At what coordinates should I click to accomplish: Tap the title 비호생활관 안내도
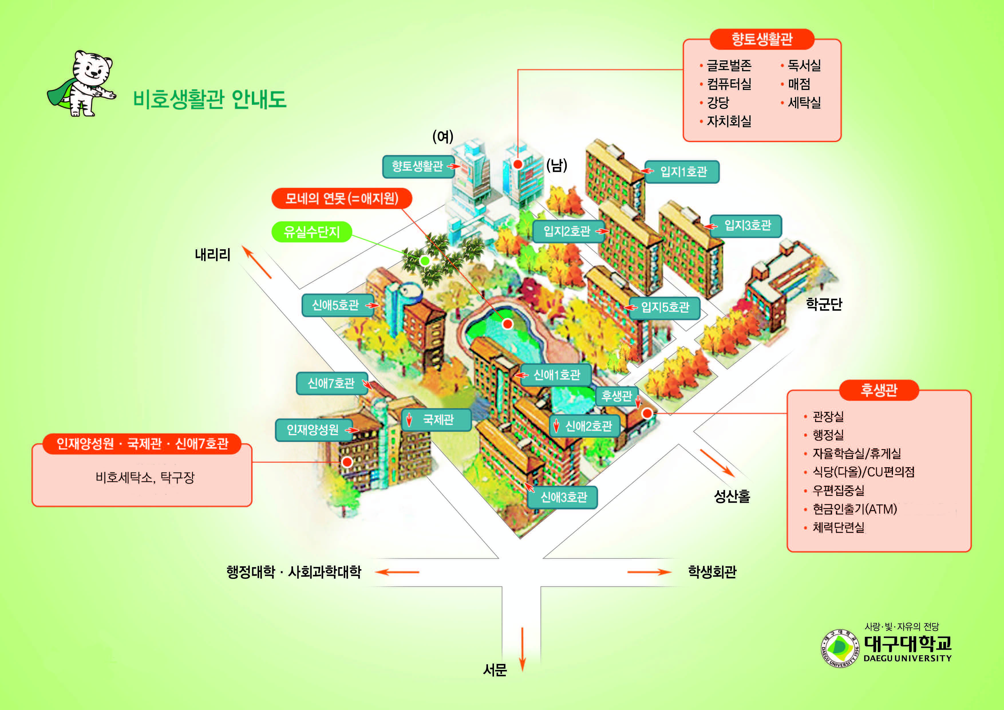click(x=210, y=99)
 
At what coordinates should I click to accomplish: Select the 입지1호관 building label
click(x=683, y=171)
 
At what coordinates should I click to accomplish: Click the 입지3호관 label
click(x=746, y=226)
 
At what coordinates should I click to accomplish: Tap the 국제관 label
click(x=436, y=420)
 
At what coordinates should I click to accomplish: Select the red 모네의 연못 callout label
click(x=341, y=199)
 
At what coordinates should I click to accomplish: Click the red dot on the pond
click(x=507, y=324)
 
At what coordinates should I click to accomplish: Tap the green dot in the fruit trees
click(x=425, y=261)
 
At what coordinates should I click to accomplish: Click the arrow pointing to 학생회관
click(x=649, y=572)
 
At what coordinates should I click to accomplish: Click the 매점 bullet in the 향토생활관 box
click(x=796, y=84)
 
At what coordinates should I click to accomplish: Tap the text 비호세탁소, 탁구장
click(x=145, y=477)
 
